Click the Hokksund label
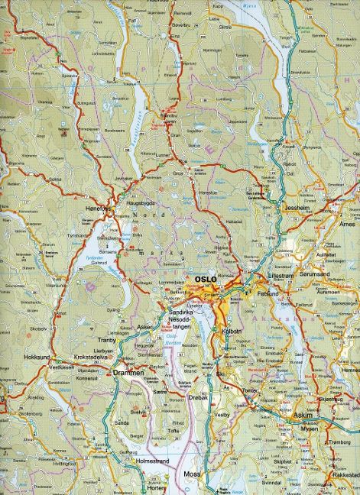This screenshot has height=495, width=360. coord(37,357)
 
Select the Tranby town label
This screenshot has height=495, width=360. coord(107,341)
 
